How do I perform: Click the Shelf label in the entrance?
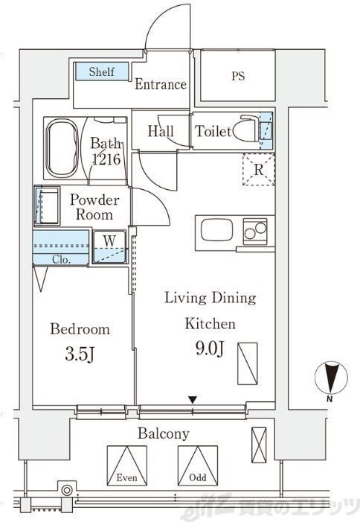[101, 71]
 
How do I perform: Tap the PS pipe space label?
[238, 76]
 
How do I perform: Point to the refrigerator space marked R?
[259, 170]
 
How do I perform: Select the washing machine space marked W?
[109, 246]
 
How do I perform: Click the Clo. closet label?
[61, 259]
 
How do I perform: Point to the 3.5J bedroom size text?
[80, 354]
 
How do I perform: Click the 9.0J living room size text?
[210, 348]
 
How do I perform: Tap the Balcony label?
[164, 433]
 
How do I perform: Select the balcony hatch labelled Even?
[127, 465]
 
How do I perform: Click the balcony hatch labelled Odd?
[198, 465]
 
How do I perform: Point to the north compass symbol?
[331, 378]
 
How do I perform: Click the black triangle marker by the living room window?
[193, 399]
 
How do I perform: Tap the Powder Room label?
[94, 207]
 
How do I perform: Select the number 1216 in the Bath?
[106, 159]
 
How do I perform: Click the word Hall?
[161, 131]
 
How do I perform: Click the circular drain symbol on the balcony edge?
[67, 490]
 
